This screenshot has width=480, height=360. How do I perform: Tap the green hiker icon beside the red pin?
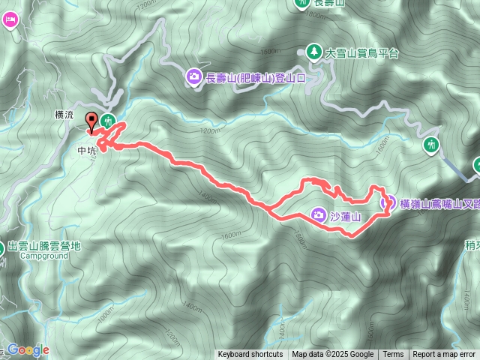point(108,120)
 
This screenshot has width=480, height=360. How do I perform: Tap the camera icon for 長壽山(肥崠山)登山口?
point(193,76)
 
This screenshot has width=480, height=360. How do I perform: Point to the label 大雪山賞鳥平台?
point(362,53)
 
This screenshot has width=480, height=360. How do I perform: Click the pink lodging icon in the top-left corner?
point(9,20)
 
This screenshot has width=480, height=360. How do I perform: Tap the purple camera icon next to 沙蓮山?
point(318,216)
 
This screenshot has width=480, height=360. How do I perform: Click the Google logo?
point(28,349)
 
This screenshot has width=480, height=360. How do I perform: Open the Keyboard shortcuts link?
point(250,355)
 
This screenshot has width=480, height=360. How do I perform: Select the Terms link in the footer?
point(393,355)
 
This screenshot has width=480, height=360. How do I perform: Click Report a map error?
point(444,355)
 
